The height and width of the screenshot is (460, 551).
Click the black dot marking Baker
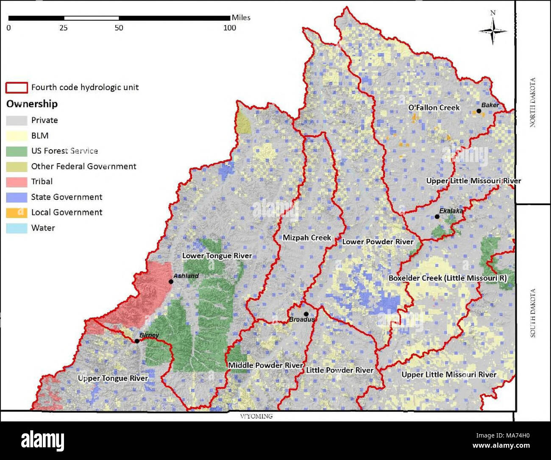[x=479, y=111]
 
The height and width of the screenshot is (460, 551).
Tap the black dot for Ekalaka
[x=437, y=217]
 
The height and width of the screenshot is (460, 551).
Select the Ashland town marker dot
[x=171, y=282]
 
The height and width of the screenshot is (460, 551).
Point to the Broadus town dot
[x=306, y=314]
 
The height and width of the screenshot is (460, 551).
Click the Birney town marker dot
[x=137, y=341]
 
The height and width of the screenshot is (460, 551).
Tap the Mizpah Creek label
[x=307, y=238]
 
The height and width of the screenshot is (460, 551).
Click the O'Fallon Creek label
[x=434, y=108]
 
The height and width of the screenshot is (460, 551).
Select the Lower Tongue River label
[x=217, y=256]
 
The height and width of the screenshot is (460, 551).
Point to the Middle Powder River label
[x=265, y=365]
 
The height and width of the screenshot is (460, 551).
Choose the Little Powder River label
[x=340, y=370]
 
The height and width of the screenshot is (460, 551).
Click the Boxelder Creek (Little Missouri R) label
[x=448, y=278]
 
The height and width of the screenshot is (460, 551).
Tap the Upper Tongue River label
[x=113, y=378]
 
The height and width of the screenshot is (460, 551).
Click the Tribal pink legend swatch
[x=17, y=182]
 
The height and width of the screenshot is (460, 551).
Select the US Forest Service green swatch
[x=17, y=151]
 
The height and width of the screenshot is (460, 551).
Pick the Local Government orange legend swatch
[x=17, y=212]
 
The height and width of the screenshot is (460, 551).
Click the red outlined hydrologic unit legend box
[x=17, y=88]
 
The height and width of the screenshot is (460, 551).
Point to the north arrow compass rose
[x=493, y=31]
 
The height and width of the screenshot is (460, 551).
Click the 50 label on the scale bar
[x=119, y=28]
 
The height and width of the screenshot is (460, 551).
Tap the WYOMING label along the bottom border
[x=256, y=416]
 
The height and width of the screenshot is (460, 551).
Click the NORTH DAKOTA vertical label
[x=533, y=102]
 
